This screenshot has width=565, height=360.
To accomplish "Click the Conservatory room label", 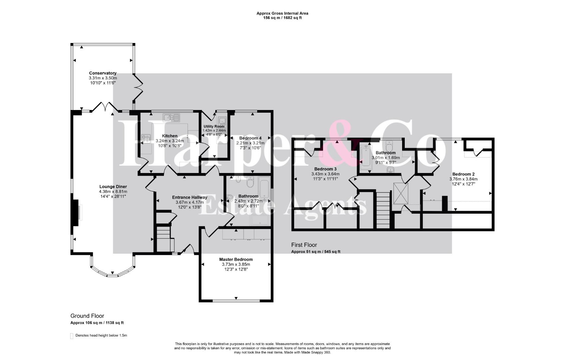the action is [103, 73].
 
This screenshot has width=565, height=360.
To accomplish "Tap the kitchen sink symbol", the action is [171, 117].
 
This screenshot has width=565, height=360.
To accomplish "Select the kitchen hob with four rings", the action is [146, 138].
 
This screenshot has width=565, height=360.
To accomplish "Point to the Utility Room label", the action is [214, 126].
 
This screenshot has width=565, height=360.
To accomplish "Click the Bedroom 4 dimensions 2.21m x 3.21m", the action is [250, 143].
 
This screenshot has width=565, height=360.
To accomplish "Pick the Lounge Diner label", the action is [113, 187].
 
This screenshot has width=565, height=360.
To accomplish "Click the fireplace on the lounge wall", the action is [76, 213].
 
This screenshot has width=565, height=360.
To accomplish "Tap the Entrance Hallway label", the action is [190, 197].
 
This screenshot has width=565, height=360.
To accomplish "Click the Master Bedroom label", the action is [236, 259].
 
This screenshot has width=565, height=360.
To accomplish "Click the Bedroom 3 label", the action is [325, 169].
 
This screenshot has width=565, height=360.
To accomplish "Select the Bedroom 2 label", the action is [463, 174].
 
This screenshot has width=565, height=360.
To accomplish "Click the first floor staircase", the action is [383, 210].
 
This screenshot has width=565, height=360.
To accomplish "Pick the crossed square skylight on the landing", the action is [401, 193].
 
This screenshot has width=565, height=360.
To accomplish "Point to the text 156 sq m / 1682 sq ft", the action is [282, 18].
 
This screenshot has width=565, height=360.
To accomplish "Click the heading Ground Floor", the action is [87, 316].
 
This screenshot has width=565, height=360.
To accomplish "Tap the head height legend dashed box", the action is [72, 336].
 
